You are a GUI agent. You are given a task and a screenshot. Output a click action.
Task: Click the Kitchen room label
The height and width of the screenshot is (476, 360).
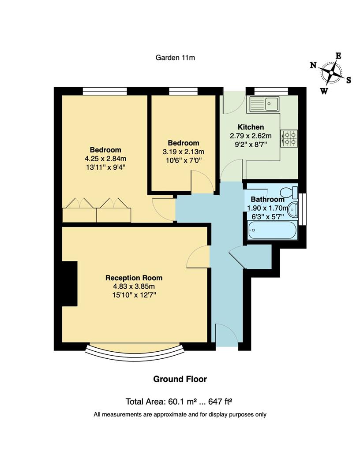click(251, 127)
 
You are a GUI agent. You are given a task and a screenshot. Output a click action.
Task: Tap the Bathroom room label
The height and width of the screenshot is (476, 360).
click(267, 199)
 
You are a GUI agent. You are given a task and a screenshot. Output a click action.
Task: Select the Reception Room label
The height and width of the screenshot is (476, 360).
click(134, 278)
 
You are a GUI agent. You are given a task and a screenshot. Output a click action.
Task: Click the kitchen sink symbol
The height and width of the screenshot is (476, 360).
click(264, 104)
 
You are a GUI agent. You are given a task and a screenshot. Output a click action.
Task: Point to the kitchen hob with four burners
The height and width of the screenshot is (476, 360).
click(290, 137)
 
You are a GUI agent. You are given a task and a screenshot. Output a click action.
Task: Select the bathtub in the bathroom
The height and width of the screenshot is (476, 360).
click(271, 230)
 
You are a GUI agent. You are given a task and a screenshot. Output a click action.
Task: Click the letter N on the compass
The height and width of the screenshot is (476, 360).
click(313, 65)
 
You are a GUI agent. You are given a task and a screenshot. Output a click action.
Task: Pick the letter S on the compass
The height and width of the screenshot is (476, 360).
click(348, 80)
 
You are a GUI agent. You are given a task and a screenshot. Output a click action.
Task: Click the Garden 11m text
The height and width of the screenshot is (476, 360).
click(175, 57)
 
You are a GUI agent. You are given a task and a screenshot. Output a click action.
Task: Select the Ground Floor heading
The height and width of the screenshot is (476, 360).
click(180, 379)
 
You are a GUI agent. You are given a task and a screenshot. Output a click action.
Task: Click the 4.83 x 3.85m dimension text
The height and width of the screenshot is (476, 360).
click(134, 286)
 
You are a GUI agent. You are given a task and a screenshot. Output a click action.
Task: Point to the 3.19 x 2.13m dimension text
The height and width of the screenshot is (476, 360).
click(183, 151)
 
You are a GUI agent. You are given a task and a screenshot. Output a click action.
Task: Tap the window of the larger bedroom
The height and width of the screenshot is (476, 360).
click(105, 91)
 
